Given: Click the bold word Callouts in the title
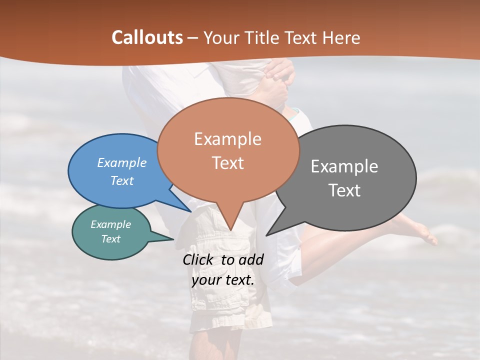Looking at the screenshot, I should pyautogui.click(x=147, y=37).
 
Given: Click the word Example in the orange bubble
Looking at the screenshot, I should pyautogui.click(x=227, y=139).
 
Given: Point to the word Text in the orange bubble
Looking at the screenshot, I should pyautogui.click(x=227, y=163).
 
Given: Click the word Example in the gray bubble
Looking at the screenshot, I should pyautogui.click(x=344, y=166).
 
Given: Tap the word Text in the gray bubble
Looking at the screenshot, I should pyautogui.click(x=344, y=190).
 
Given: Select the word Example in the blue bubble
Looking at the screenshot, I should pyautogui.click(x=122, y=163).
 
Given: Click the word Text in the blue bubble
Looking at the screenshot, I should pyautogui.click(x=122, y=180).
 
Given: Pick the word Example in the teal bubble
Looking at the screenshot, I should pyautogui.click(x=110, y=224).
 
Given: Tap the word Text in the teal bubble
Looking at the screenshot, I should pyautogui.click(x=110, y=239).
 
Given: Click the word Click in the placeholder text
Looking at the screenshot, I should pyautogui.click(x=200, y=259).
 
